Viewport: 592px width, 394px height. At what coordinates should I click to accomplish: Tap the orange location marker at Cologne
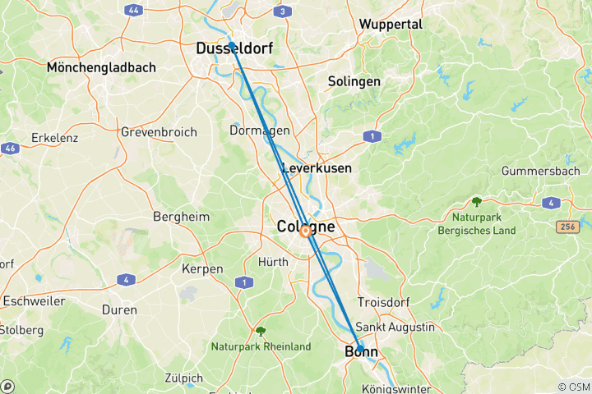305,231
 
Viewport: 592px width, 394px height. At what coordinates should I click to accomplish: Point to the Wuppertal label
391,25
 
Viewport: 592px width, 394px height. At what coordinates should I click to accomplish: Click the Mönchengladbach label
102,67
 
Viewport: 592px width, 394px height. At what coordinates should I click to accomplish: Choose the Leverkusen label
317,168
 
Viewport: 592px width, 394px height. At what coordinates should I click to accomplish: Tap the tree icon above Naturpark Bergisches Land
476,202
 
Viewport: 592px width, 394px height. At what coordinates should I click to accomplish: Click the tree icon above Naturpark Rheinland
261,331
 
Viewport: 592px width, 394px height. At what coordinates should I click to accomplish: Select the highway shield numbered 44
132,11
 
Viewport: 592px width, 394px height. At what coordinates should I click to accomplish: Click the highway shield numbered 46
9,149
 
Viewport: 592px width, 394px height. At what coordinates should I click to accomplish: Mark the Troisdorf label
385,302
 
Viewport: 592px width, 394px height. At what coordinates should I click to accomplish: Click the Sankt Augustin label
395,327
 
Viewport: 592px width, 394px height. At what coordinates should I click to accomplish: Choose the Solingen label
354,82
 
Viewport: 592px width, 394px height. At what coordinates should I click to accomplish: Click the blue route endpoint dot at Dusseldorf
232,45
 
